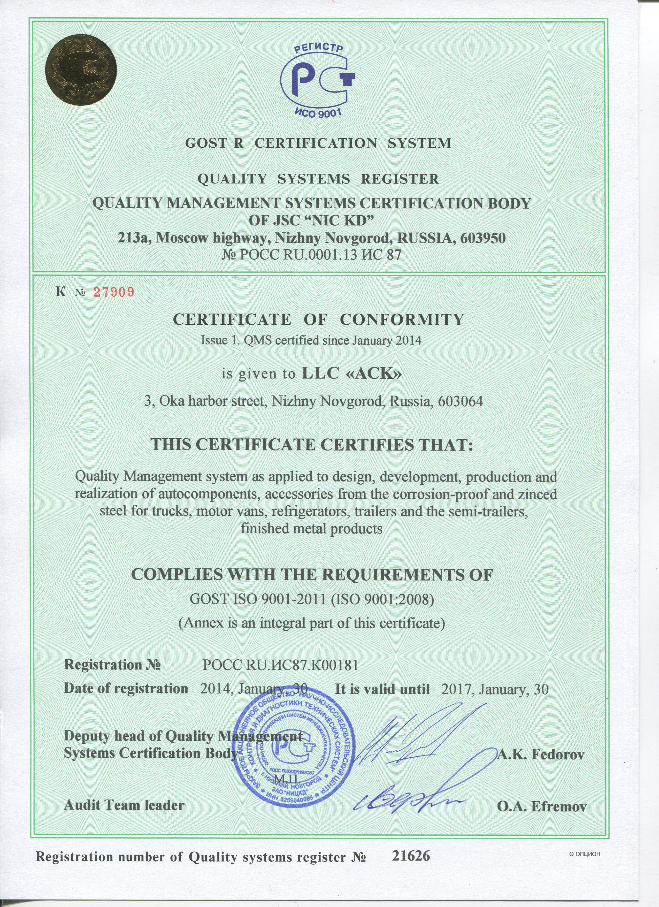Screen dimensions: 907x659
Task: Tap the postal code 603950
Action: pyautogui.click(x=483, y=238)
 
